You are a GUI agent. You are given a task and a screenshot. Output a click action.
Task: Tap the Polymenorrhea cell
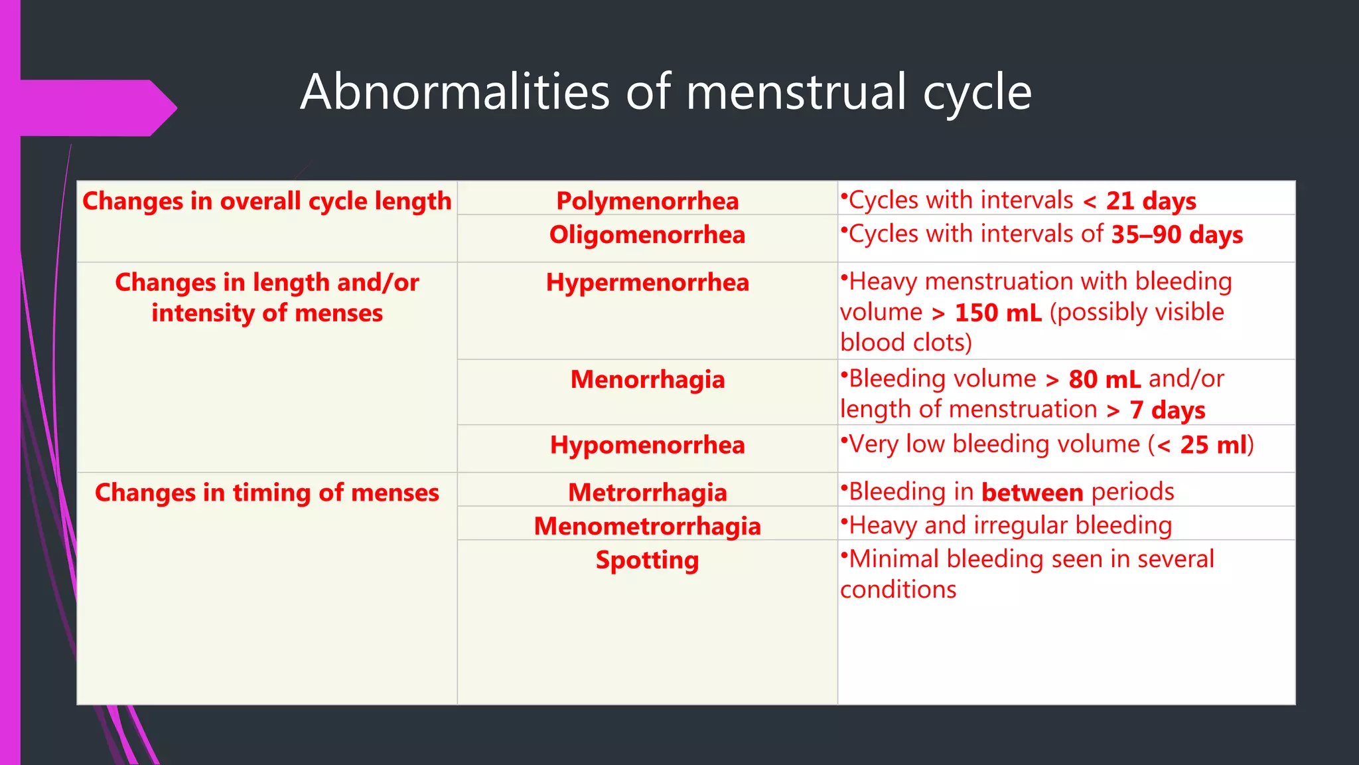pyautogui.click(x=647, y=201)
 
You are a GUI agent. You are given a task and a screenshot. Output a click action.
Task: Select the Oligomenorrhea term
pyautogui.click(x=647, y=234)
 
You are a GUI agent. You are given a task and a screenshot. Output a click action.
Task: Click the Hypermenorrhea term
pyautogui.click(x=647, y=282)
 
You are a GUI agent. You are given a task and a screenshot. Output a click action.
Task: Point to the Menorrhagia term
pyautogui.click(x=647, y=379)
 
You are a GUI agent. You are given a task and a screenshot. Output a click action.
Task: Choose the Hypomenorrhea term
pyautogui.click(x=647, y=444)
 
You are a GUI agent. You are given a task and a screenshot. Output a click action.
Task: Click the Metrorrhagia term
pyautogui.click(x=647, y=492)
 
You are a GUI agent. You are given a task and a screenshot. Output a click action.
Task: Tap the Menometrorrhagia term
pyautogui.click(x=647, y=526)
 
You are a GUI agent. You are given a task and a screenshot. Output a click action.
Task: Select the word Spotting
pyautogui.click(x=647, y=560)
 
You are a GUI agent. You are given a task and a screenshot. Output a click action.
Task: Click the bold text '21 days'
pyautogui.click(x=1151, y=201)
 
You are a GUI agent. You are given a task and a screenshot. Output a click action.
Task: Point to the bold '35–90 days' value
pyautogui.click(x=1177, y=234)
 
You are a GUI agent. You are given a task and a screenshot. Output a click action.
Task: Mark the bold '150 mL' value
pyautogui.click(x=997, y=313)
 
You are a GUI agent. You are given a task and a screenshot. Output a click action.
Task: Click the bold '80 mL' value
pyautogui.click(x=1104, y=379)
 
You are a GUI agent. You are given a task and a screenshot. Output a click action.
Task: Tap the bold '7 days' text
pyautogui.click(x=1167, y=410)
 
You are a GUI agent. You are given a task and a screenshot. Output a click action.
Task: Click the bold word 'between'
pyautogui.click(x=1032, y=492)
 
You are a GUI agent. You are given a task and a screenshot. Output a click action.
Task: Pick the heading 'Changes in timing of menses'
pyautogui.click(x=267, y=492)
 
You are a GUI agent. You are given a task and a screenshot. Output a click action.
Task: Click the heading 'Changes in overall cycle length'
pyautogui.click(x=267, y=201)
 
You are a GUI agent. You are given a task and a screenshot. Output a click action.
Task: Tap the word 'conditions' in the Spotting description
pyautogui.click(x=898, y=590)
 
